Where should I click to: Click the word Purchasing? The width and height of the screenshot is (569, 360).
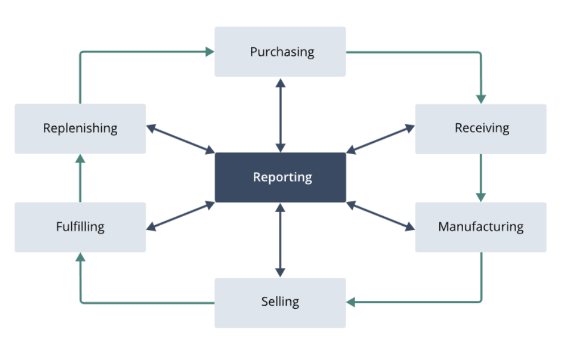(282, 52)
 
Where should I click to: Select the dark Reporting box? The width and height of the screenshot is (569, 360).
(280, 177)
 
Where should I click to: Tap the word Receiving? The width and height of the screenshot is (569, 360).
(482, 128)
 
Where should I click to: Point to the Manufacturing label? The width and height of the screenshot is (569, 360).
(481, 226)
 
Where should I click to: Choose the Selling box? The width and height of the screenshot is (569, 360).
(280, 303)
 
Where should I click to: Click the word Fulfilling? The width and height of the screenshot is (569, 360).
(80, 226)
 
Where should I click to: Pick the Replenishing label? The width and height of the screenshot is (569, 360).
(80, 129)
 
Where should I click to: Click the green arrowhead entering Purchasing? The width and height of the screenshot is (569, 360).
(210, 52)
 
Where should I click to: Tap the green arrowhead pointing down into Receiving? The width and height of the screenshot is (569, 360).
(481, 99)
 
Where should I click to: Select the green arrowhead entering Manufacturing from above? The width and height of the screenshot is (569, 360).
(481, 197)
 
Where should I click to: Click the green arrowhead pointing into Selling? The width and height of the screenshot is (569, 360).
(351, 302)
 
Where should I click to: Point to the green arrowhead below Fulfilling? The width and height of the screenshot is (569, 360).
(80, 257)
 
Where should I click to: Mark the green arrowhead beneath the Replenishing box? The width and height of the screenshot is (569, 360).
(80, 159)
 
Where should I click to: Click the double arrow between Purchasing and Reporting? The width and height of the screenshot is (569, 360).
(280, 115)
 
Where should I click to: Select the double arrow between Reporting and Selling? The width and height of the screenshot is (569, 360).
(280, 240)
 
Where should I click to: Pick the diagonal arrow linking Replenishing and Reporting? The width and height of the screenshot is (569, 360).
(180, 139)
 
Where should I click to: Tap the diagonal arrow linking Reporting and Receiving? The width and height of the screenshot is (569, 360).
(380, 139)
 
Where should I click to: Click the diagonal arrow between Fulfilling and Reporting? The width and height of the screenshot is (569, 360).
(180, 216)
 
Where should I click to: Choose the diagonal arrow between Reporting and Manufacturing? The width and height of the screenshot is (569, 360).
(380, 216)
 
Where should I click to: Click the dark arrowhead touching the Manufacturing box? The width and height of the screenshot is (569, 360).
(410, 227)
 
